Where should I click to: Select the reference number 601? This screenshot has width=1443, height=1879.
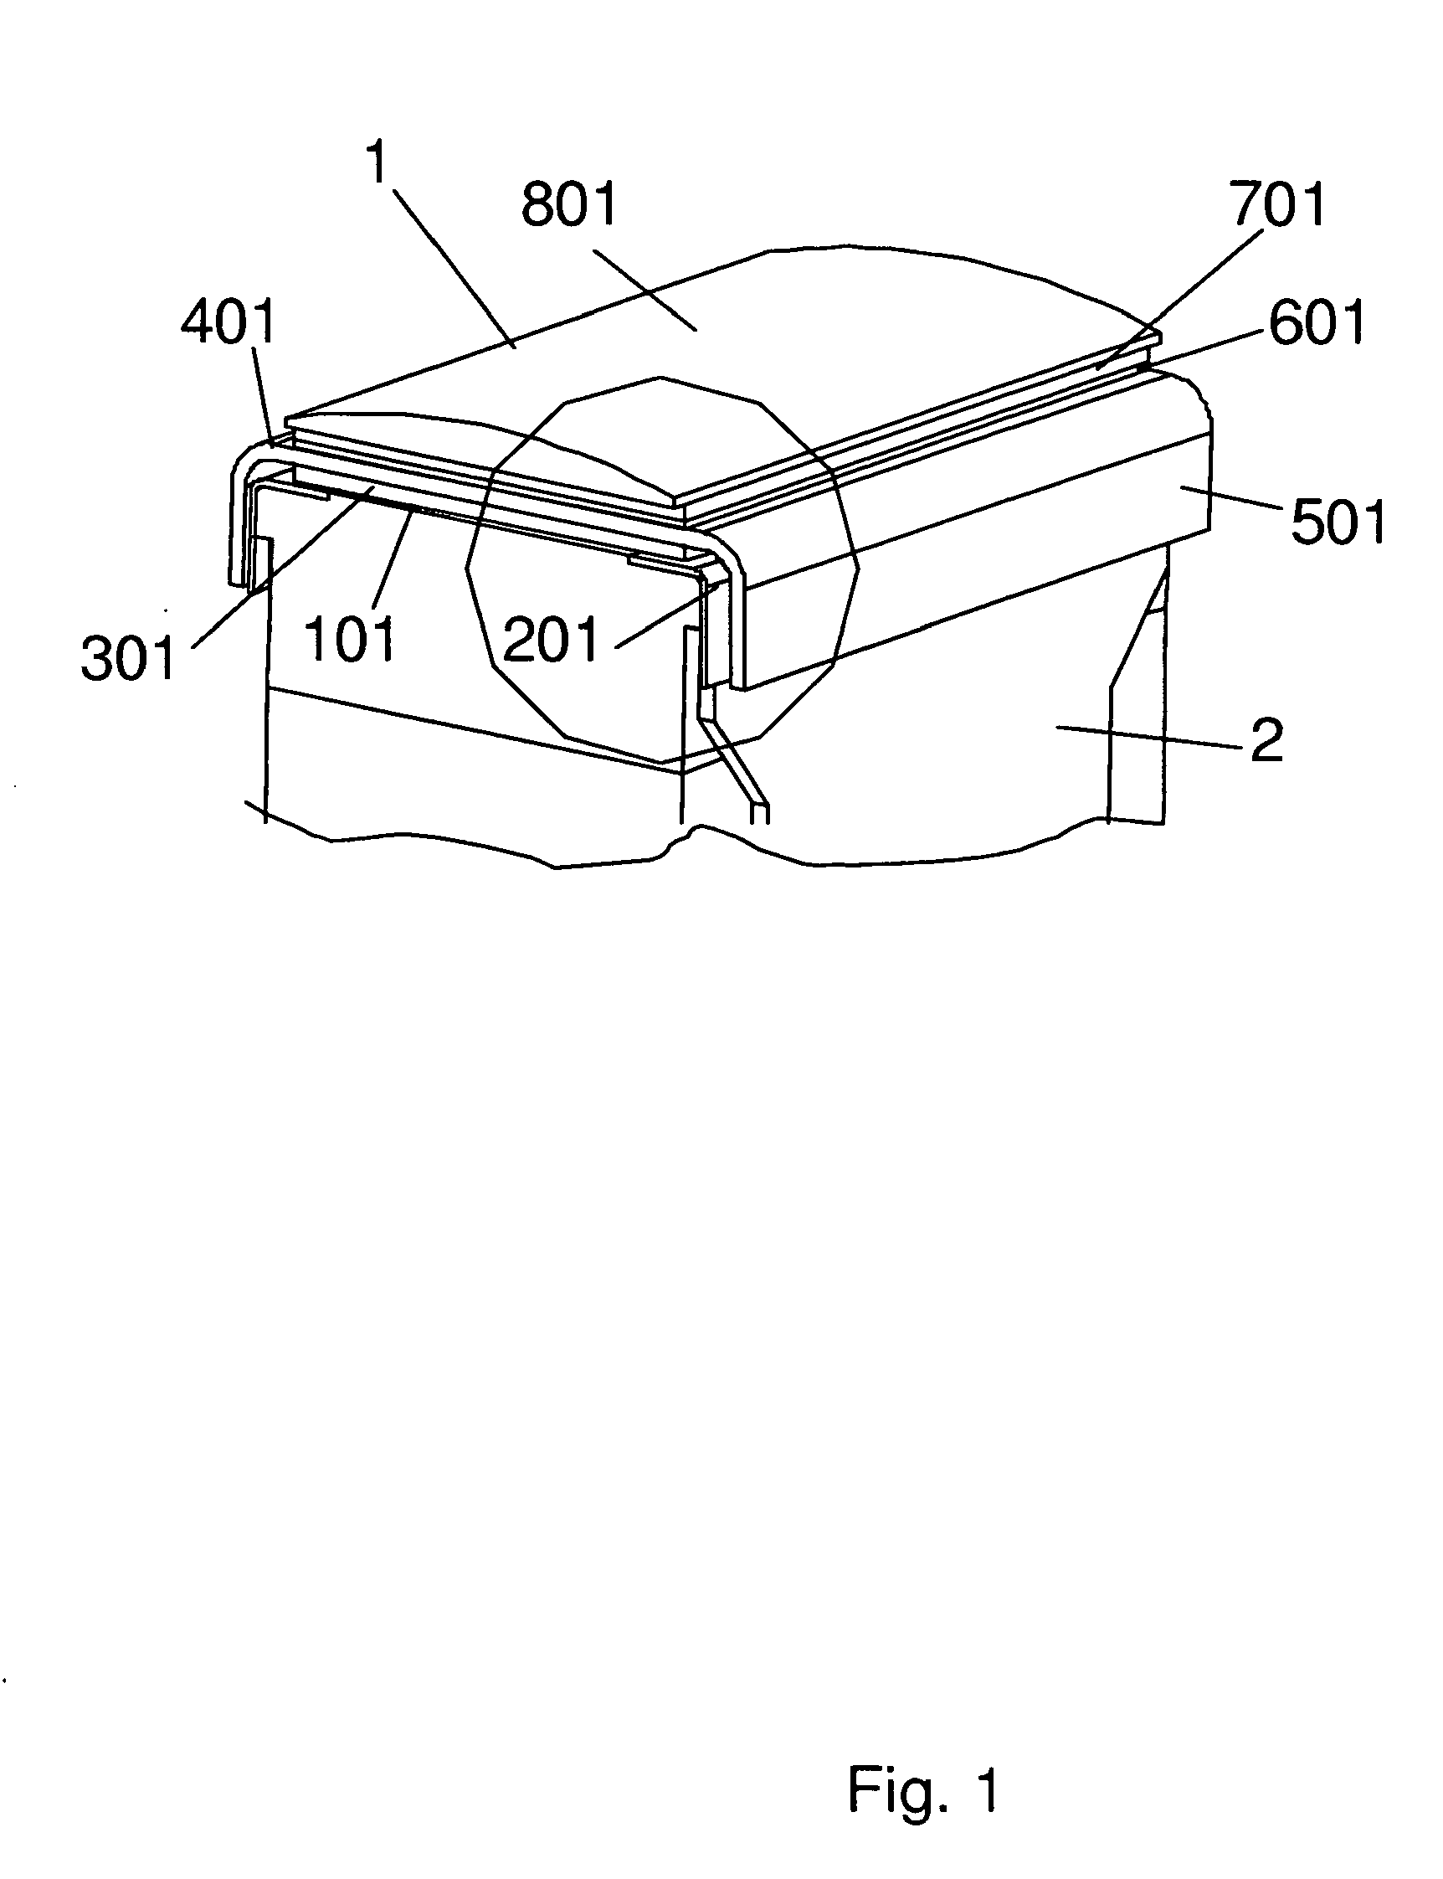click(1317, 324)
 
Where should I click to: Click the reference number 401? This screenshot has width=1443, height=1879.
click(229, 322)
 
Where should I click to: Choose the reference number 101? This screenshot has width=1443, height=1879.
click(351, 640)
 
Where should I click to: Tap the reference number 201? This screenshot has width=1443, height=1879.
click(550, 641)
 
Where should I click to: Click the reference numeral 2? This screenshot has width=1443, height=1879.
click(1267, 739)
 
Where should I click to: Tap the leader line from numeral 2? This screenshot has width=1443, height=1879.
click(1151, 738)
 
